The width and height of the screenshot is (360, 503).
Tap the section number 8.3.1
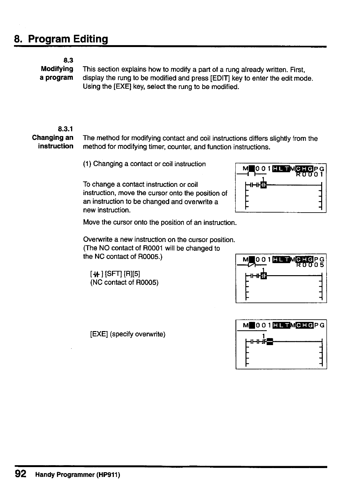(66, 129)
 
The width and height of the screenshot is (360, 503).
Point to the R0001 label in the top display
(309, 174)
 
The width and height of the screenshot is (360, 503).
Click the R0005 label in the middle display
(309, 265)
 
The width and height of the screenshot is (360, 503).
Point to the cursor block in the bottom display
(270, 342)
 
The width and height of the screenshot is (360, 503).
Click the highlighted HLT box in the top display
(280, 168)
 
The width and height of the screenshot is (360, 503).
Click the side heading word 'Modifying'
(57, 69)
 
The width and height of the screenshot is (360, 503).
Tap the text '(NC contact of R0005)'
(124, 282)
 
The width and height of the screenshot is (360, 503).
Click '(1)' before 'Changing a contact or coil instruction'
(87, 164)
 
